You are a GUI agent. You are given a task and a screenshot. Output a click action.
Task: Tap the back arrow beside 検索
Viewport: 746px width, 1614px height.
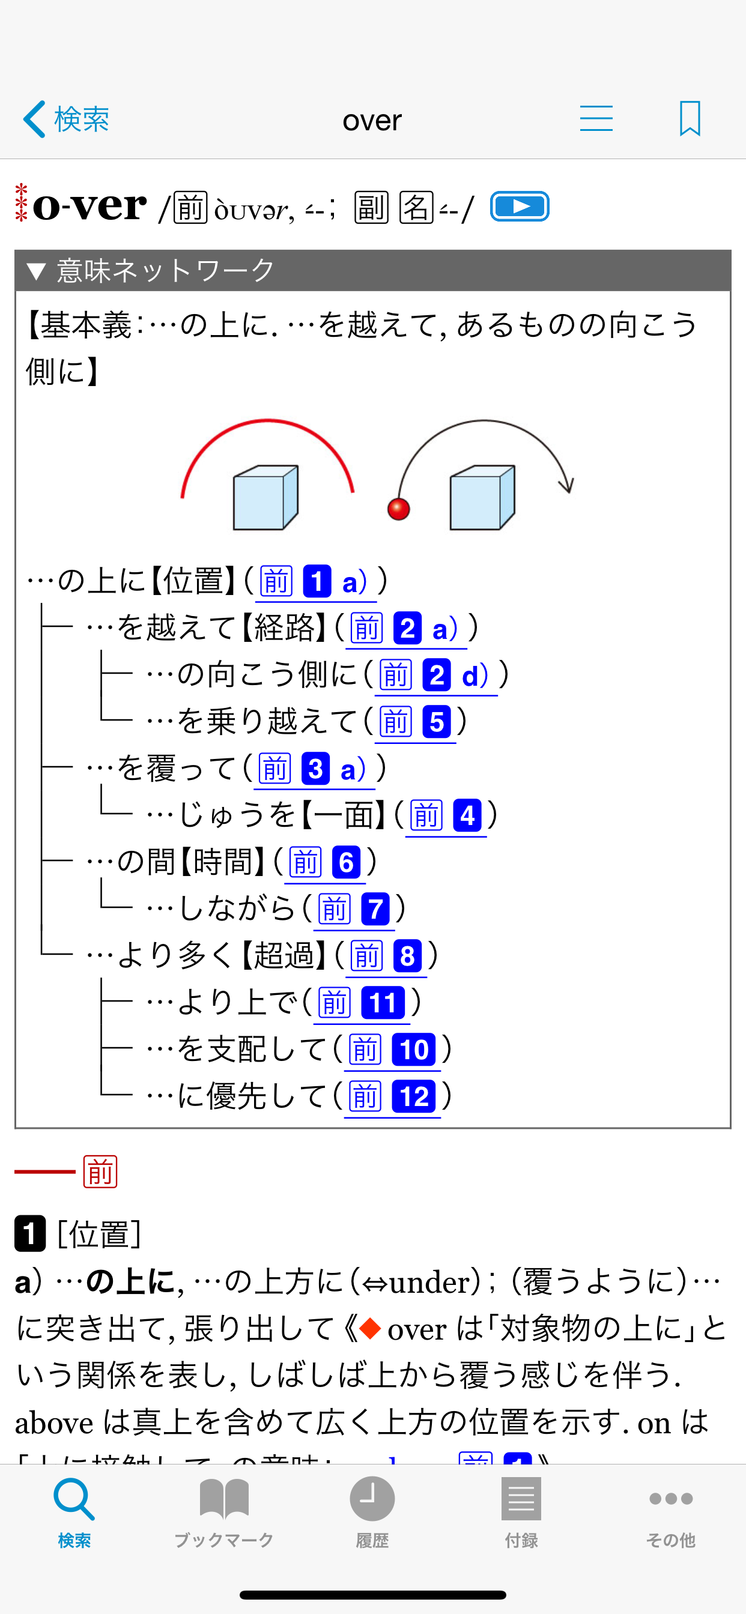(x=34, y=119)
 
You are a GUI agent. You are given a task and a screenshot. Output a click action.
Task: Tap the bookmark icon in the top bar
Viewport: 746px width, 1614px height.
(x=690, y=118)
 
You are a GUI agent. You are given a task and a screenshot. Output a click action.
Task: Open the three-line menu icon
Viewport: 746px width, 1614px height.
(x=596, y=118)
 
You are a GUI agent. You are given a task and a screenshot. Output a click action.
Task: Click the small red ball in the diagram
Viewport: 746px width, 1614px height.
(x=399, y=509)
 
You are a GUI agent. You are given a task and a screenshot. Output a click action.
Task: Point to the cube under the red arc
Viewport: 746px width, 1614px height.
(x=265, y=498)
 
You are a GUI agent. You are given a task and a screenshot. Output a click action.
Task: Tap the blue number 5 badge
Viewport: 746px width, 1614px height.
(x=436, y=722)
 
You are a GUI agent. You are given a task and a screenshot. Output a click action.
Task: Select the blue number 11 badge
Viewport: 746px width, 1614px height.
(x=383, y=1003)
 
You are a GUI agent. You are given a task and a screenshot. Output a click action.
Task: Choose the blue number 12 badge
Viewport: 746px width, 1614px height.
(x=414, y=1097)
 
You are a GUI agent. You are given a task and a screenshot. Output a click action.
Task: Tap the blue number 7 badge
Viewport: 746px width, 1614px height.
(x=375, y=909)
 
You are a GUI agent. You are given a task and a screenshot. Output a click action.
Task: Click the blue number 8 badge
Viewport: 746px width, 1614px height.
(x=407, y=956)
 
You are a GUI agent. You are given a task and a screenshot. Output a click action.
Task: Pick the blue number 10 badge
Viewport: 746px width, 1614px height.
(x=414, y=1050)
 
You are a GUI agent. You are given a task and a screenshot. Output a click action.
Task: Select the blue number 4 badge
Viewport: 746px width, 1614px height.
(x=467, y=816)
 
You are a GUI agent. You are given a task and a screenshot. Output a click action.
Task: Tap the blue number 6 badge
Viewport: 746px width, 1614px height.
(x=346, y=863)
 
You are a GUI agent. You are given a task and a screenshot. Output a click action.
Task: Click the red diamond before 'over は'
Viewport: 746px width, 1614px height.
(x=370, y=1328)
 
